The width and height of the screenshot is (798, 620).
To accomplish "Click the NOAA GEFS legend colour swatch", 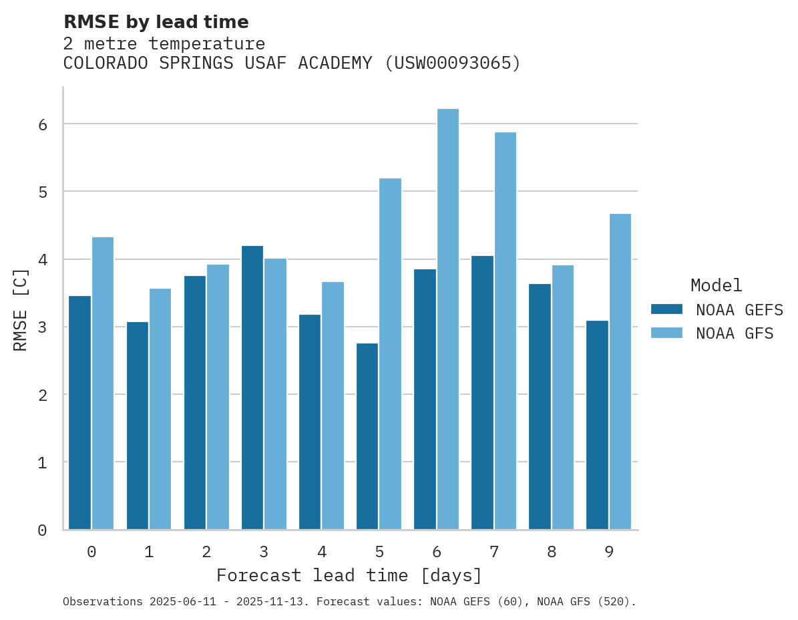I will tap(666, 309).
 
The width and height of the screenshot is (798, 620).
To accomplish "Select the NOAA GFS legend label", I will tap(735, 333).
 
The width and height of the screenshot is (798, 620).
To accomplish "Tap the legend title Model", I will tap(716, 285).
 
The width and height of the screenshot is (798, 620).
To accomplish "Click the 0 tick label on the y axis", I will tap(41, 530).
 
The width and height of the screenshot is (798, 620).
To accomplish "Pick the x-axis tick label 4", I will tap(321, 552).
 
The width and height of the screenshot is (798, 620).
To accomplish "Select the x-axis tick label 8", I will tap(551, 552).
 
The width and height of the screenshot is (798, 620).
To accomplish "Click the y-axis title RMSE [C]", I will tap(21, 309).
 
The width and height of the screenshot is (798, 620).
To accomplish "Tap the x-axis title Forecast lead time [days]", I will tap(349, 575).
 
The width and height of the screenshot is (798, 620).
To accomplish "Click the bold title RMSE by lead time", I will tap(156, 22).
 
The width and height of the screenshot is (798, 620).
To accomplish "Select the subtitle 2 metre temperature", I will tap(164, 44).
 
